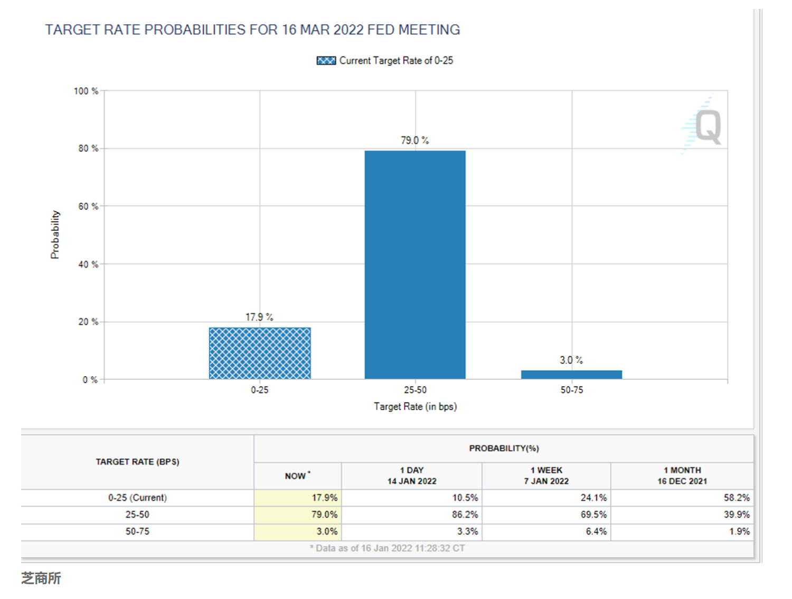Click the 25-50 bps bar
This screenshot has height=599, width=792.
pos(415,264)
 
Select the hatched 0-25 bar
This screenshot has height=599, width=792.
pos(260,353)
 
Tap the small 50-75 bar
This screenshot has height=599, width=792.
pos(571,375)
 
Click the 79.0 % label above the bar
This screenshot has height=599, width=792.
pos(414,141)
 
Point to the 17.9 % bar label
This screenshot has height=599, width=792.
pos(259,317)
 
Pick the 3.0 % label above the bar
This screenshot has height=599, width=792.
pos(571,360)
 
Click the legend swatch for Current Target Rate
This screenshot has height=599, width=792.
pos(326,61)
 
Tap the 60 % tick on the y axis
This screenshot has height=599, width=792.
pos(88,207)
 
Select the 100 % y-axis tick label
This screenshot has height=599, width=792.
pos(86,91)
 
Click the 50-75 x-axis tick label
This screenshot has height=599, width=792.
pos(572,390)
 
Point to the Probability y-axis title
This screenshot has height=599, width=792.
pos(55,235)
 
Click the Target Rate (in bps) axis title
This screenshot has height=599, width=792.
pos(415,407)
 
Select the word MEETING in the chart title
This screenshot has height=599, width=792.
pos(429,30)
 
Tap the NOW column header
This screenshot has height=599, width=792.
pos(297,476)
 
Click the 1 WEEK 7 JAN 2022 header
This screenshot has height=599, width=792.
pos(546,475)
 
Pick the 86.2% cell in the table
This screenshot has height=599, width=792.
pos(465,514)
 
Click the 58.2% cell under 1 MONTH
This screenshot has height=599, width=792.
pos(737,498)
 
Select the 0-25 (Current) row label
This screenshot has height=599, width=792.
pos(137,498)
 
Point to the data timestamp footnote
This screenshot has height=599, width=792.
pos(388,548)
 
